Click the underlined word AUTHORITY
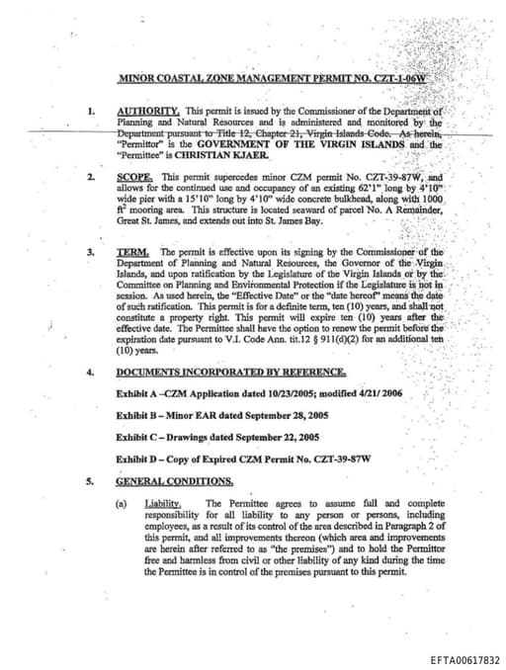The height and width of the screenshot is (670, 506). click(x=147, y=111)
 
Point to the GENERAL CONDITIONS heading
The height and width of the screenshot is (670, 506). click(x=175, y=481)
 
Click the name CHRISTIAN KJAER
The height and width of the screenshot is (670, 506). click(x=224, y=155)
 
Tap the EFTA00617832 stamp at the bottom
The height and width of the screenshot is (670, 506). click(x=465, y=659)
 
